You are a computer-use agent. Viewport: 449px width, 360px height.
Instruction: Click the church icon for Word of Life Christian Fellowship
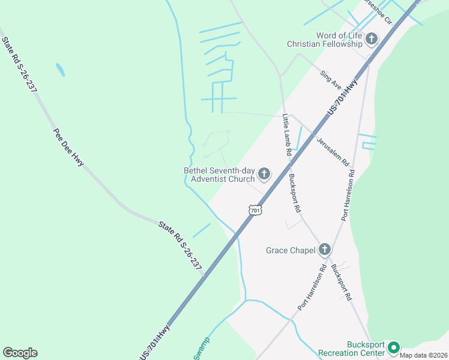point(372,40)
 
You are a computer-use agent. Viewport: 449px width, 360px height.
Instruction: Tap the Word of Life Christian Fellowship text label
point(325,40)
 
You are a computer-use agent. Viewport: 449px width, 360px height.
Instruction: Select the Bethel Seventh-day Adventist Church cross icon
point(264,175)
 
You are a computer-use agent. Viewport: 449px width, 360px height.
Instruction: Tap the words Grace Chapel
point(291,250)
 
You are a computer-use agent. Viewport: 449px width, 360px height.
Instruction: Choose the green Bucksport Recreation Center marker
point(394,348)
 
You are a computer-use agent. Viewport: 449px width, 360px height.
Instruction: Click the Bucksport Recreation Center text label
point(366,349)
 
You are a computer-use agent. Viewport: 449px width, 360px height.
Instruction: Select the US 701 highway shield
point(255,210)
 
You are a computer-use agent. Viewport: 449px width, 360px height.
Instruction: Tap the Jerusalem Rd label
point(333,149)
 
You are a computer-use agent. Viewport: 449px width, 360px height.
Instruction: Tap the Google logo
point(20,353)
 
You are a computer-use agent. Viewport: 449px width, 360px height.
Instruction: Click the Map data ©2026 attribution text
point(423,355)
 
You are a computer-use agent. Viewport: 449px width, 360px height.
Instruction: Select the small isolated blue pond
point(60,70)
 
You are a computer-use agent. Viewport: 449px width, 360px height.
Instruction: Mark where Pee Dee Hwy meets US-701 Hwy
point(205,277)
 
